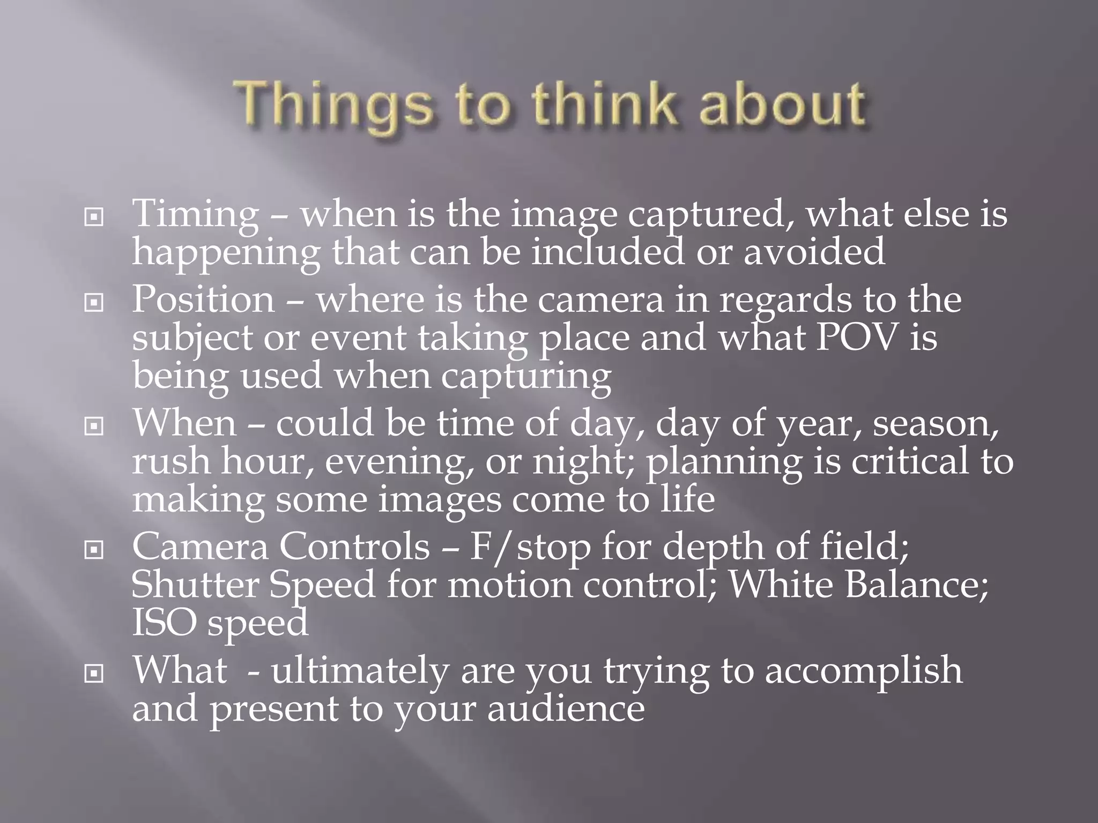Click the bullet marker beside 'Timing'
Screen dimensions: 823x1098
[x=94, y=218]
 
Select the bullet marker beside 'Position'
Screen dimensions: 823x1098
[x=94, y=303]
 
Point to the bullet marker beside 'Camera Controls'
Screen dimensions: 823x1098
[x=94, y=550]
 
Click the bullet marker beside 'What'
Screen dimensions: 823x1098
[x=94, y=674]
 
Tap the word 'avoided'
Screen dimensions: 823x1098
[x=814, y=252]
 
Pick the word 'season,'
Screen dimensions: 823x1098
[x=936, y=424]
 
